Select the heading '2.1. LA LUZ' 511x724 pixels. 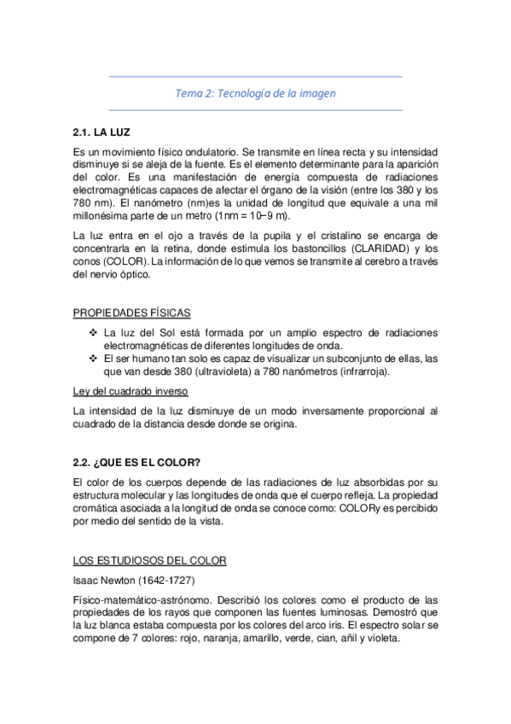pyautogui.click(x=102, y=133)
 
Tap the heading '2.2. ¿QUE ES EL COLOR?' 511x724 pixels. pyautogui.click(x=136, y=463)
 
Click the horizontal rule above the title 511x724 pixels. pyautogui.click(x=256, y=77)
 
